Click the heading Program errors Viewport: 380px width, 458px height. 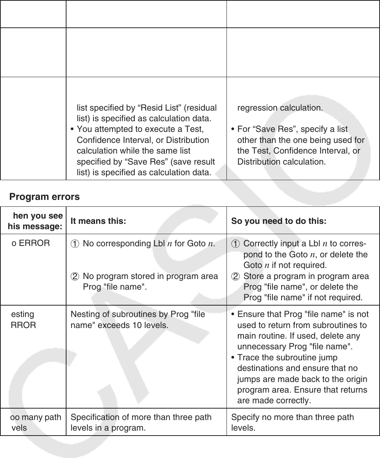point(44,197)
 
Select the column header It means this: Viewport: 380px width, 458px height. point(98,221)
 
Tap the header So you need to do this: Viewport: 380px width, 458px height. point(279,221)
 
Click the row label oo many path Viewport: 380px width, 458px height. point(36,417)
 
